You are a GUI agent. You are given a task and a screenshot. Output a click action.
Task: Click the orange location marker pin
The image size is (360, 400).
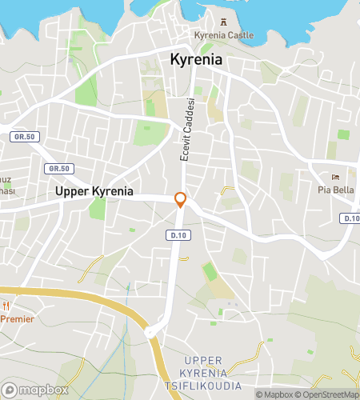click(181, 199)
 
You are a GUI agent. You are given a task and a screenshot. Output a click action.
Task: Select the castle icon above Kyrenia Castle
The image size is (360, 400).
click(222, 19)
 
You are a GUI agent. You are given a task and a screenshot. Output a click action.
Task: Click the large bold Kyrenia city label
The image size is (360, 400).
click(196, 60)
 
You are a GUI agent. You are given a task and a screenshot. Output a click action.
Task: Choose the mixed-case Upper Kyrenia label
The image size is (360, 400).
click(94, 192)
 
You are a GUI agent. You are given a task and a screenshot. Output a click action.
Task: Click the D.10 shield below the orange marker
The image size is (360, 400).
click(178, 235)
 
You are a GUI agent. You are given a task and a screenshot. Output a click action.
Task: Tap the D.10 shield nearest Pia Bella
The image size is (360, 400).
click(350, 218)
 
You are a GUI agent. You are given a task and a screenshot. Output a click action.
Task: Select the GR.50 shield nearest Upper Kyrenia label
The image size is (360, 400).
click(59, 168)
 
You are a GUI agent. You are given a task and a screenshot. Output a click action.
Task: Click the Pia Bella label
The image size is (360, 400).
click(336, 190)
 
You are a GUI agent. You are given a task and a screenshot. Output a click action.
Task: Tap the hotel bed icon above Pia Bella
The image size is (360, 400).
click(336, 178)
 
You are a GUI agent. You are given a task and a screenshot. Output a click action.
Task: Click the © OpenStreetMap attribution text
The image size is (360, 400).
click(327, 394)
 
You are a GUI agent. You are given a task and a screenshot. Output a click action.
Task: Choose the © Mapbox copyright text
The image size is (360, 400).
click(274, 394)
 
